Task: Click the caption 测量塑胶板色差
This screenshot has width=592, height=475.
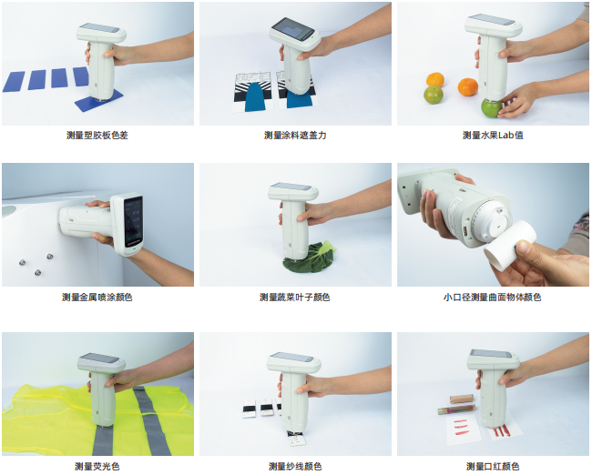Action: point(97,135)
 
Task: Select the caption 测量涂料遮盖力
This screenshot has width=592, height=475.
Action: point(295,135)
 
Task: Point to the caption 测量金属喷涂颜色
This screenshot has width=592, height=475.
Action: point(97,298)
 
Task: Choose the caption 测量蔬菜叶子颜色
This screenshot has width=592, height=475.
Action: point(295,298)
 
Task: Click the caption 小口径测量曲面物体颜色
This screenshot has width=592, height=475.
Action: point(493,298)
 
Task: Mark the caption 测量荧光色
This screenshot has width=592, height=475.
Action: point(97,466)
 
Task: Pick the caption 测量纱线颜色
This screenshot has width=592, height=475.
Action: point(295,466)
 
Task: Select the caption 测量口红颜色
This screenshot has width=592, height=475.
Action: point(493,466)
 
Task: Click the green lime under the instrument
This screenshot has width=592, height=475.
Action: point(491,107)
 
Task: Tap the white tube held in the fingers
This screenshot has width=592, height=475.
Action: point(510,245)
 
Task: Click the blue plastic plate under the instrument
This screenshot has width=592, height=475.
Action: point(99,100)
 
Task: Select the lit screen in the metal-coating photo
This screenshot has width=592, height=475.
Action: point(133,221)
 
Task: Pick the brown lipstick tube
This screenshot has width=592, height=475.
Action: point(462,399)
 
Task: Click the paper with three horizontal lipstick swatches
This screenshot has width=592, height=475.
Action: point(463,430)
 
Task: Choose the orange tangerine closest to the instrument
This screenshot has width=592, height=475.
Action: point(468,86)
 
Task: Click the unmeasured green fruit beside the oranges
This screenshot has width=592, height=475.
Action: point(433,95)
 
